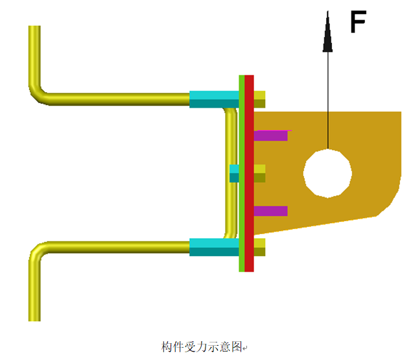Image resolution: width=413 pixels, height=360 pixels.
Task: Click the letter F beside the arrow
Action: point(358,21)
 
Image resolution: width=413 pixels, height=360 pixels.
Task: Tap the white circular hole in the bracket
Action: point(327,173)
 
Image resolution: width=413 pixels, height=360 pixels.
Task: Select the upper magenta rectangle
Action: point(271,136)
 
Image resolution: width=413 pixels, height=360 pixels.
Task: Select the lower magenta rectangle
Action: point(270,211)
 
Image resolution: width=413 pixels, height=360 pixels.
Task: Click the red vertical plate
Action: point(249,173)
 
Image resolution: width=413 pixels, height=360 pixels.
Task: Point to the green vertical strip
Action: point(242,173)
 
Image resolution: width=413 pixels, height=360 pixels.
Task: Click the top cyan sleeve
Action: point(214,99)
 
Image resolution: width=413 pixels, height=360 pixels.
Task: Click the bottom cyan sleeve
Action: point(214,247)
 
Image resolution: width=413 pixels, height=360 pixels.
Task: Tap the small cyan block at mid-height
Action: point(234,173)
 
